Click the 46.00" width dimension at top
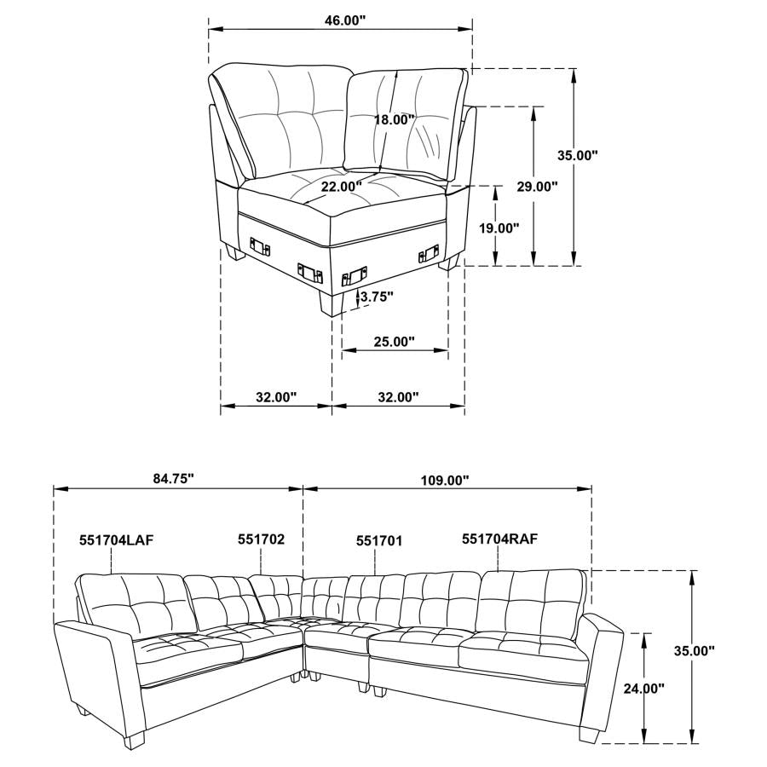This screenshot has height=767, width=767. [x=339, y=19]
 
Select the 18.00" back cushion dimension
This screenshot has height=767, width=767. [x=393, y=120]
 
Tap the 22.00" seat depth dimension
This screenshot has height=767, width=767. [x=341, y=185]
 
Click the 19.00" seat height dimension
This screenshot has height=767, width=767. [x=499, y=228]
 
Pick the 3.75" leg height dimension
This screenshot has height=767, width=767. [x=377, y=297]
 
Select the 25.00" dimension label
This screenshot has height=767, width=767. [x=393, y=342]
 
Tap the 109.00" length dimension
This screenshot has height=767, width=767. [x=444, y=481]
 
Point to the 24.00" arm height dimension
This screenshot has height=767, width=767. [x=644, y=688]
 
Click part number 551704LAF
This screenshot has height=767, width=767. [x=116, y=540]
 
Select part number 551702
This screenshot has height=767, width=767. [x=261, y=539]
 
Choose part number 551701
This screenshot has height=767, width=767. [x=378, y=540]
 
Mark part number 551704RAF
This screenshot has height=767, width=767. [x=499, y=539]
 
